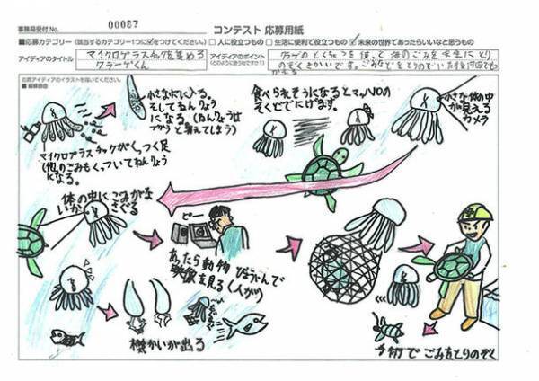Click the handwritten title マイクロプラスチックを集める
134,55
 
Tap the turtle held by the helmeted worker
453,266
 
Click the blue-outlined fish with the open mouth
243,324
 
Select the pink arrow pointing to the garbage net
291,245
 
